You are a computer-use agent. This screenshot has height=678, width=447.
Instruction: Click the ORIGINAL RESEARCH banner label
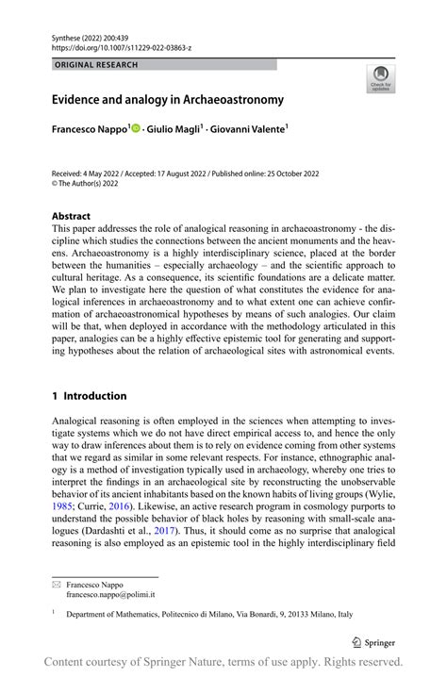click(95, 65)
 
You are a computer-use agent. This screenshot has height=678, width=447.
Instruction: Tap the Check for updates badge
click(382, 80)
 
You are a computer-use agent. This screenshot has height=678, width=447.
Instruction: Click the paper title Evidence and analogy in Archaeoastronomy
click(167, 99)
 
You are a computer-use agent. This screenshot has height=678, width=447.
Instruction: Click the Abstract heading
click(71, 216)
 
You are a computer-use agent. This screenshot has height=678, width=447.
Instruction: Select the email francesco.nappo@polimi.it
click(110, 596)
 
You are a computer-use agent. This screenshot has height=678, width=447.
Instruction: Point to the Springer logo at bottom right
click(375, 641)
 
